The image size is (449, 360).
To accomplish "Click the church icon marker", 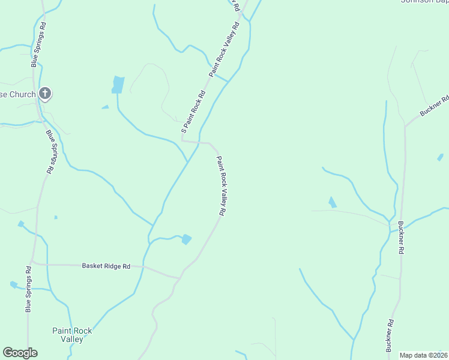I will pos(45,94).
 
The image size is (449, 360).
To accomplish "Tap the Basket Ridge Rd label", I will pos(106,266).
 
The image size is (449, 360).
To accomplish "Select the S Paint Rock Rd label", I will pos(193,112).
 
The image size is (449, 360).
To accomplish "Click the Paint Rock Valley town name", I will pos(72,335).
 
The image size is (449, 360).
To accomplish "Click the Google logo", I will pos(20,353).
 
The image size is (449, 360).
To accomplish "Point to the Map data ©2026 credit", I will pos(423,355).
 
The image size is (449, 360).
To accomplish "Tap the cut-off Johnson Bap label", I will pos(424,2).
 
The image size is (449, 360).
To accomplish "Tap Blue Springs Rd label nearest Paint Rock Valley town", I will pos(28,289).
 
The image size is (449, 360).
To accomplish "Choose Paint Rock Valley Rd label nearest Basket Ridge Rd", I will pos(221,186).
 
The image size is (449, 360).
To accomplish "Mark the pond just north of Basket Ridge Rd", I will pos(187,239).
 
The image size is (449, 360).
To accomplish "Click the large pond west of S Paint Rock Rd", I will pos(118,85).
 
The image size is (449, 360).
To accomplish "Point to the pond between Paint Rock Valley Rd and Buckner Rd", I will pos(331,203).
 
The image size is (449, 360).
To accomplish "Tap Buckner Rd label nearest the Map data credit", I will pos(390,335).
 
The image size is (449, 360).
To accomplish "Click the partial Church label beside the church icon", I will pos(18,94).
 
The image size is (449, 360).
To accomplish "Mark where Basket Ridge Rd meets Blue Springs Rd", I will pos(33,263).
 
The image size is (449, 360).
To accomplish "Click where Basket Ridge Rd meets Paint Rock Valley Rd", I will pos(179,278).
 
